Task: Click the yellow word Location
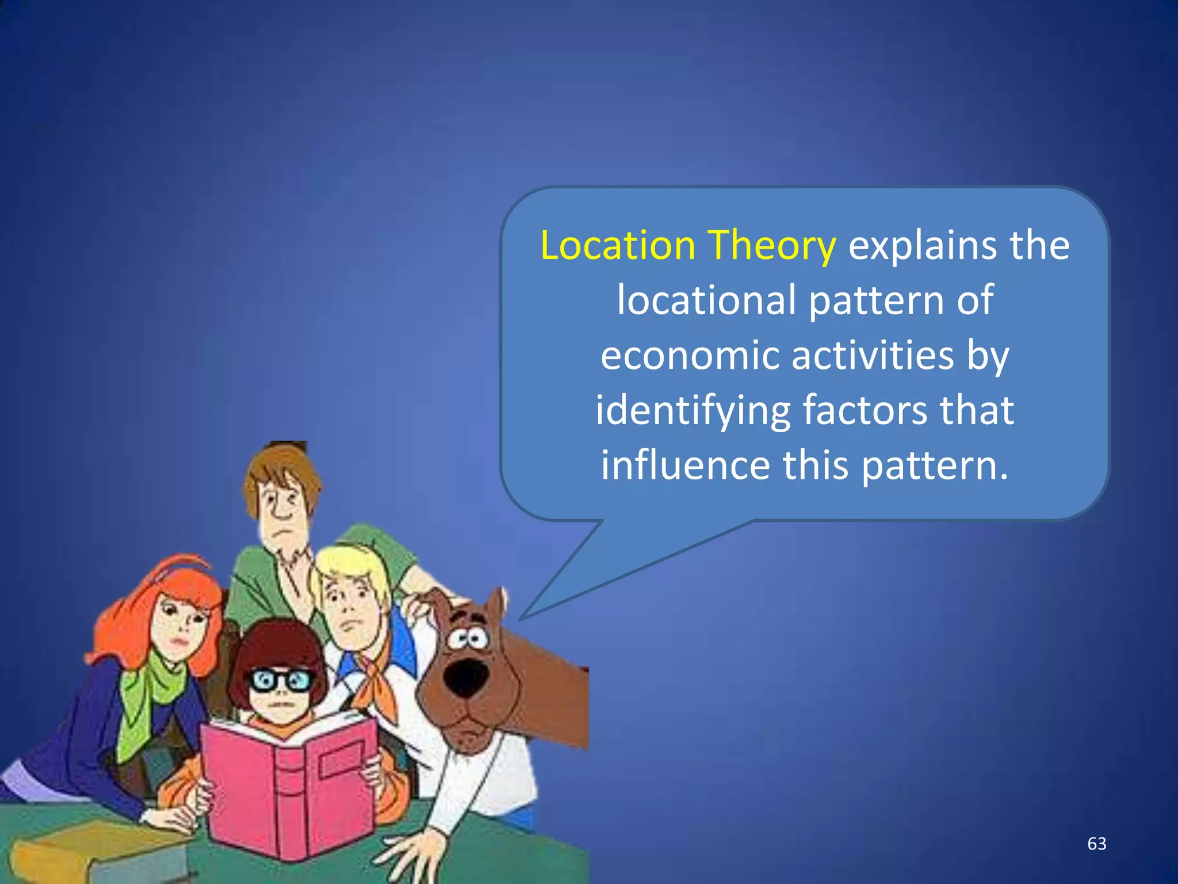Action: coord(618,246)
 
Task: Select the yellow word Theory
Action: coord(771,246)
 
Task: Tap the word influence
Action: coord(685,465)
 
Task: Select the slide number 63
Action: coord(1096,844)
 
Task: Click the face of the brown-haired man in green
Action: coord(282,506)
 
